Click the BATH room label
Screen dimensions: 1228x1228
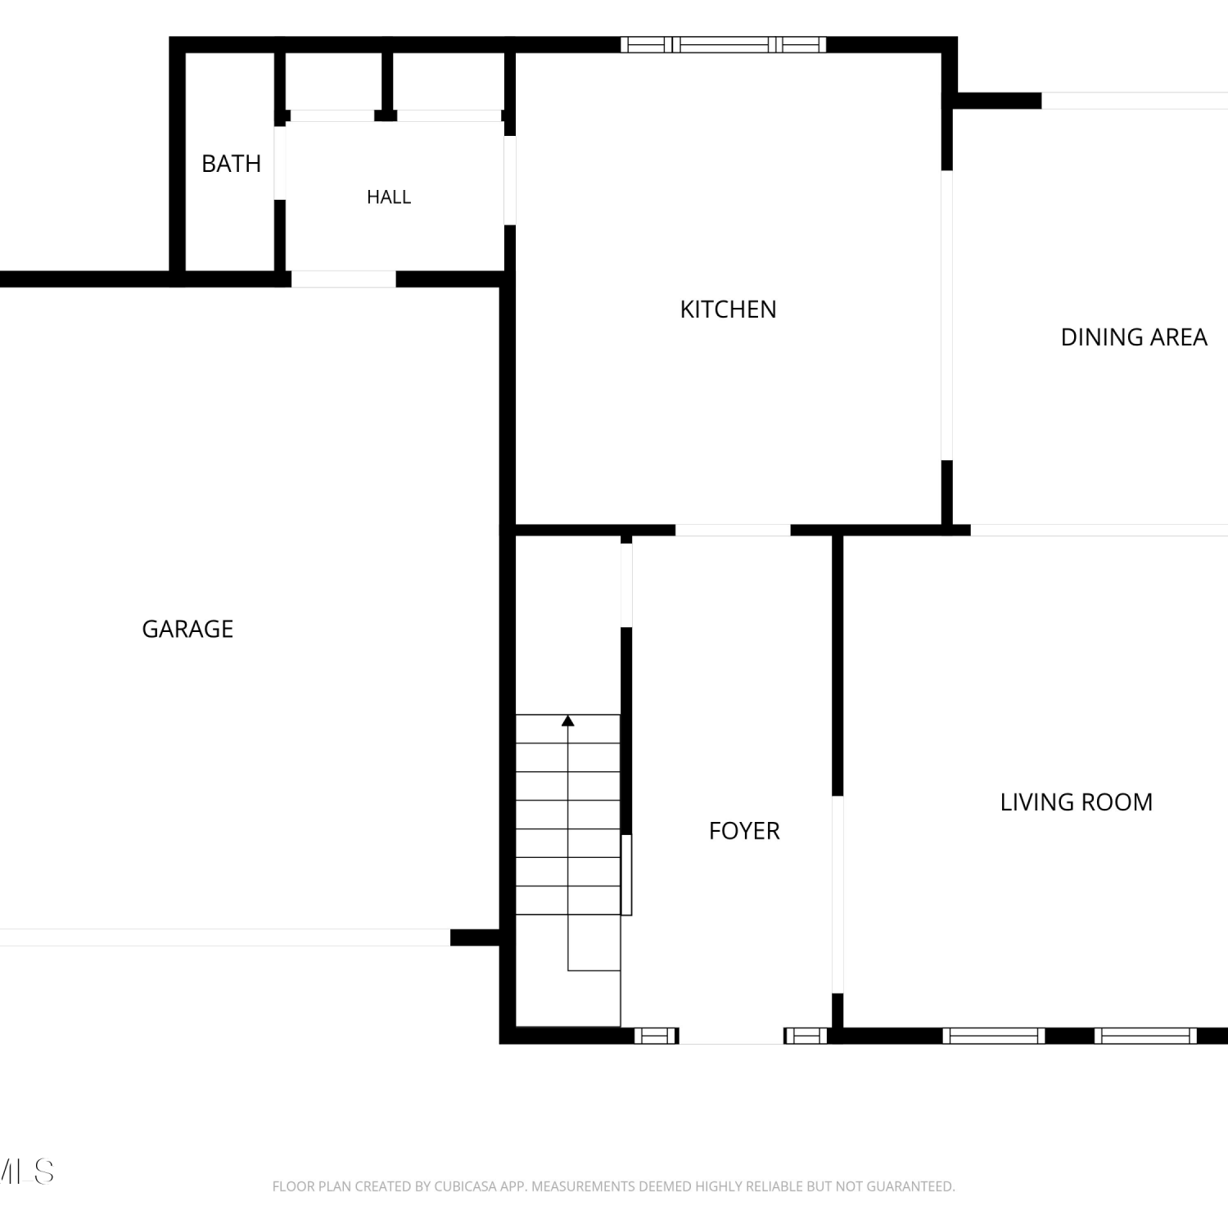click(x=231, y=164)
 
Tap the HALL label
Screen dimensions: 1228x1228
click(x=389, y=197)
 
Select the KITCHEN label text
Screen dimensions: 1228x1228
click(x=728, y=309)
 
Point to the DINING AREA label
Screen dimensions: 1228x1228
click(x=1134, y=337)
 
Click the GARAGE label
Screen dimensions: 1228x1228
click(x=187, y=629)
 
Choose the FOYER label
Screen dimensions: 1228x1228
click(x=744, y=831)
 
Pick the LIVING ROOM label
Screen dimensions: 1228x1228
click(x=1076, y=802)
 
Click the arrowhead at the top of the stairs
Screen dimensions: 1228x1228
click(x=567, y=720)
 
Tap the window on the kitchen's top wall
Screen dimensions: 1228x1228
click(x=723, y=44)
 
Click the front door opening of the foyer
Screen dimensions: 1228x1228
click(x=731, y=1036)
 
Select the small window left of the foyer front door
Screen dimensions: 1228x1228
click(x=657, y=1036)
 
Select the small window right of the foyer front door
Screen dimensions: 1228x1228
click(x=806, y=1036)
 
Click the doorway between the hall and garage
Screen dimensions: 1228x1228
click(x=344, y=279)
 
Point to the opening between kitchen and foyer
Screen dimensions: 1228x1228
click(x=733, y=530)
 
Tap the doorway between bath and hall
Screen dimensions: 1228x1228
click(x=280, y=163)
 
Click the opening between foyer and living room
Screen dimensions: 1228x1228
click(x=837, y=894)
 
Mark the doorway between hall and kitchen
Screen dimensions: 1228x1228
click(x=510, y=180)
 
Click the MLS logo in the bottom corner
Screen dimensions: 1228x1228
click(x=27, y=1172)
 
